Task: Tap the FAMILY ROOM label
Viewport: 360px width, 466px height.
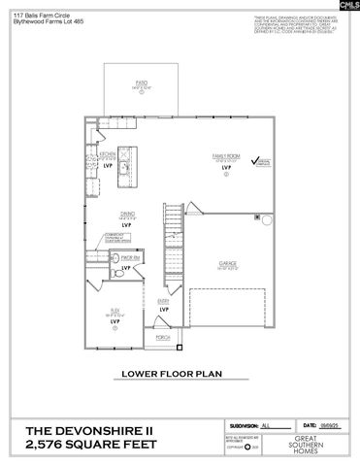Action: [225, 155]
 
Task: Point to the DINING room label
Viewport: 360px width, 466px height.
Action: [126, 215]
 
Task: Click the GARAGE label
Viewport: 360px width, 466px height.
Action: [228, 263]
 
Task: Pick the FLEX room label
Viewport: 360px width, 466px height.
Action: [115, 310]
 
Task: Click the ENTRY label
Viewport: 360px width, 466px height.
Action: [163, 301]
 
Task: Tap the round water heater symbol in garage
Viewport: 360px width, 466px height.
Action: [264, 219]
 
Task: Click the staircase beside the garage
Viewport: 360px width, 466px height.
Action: [172, 233]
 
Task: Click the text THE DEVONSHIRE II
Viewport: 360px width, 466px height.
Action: [89, 429]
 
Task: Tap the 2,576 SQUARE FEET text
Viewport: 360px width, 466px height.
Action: [89, 446]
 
